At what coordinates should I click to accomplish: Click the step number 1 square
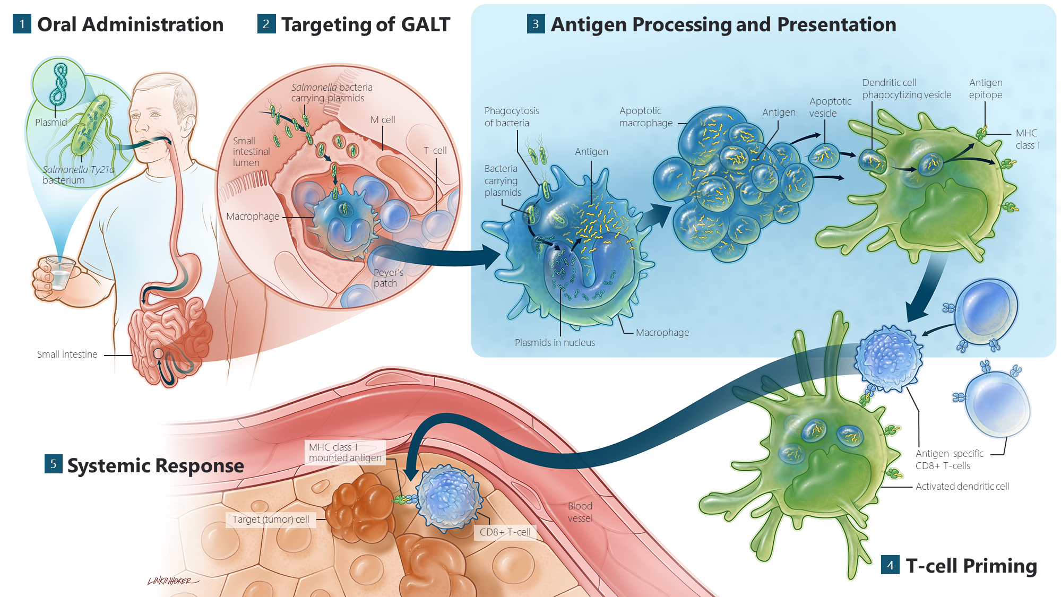point(22,24)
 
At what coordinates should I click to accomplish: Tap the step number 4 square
point(890,565)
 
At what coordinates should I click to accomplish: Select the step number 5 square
point(53,464)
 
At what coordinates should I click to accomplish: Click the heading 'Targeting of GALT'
point(365,24)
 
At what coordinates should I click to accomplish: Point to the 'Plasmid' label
point(51,123)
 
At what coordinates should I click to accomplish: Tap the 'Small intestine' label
point(67,354)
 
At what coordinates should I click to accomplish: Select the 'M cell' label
point(383,120)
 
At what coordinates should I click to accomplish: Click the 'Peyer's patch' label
point(388,278)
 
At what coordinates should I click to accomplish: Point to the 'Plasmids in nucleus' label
point(555,343)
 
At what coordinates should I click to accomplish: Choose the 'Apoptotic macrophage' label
point(645,117)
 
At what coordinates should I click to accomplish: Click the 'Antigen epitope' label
point(986,89)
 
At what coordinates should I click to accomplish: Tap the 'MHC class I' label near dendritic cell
point(1027,139)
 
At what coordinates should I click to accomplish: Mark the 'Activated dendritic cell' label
point(962,487)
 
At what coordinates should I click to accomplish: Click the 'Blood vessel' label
point(580,512)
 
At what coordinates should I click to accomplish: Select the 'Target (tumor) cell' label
point(271,520)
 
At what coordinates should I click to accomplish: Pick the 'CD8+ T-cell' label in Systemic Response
point(505,532)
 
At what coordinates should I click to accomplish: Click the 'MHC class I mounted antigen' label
point(345,453)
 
